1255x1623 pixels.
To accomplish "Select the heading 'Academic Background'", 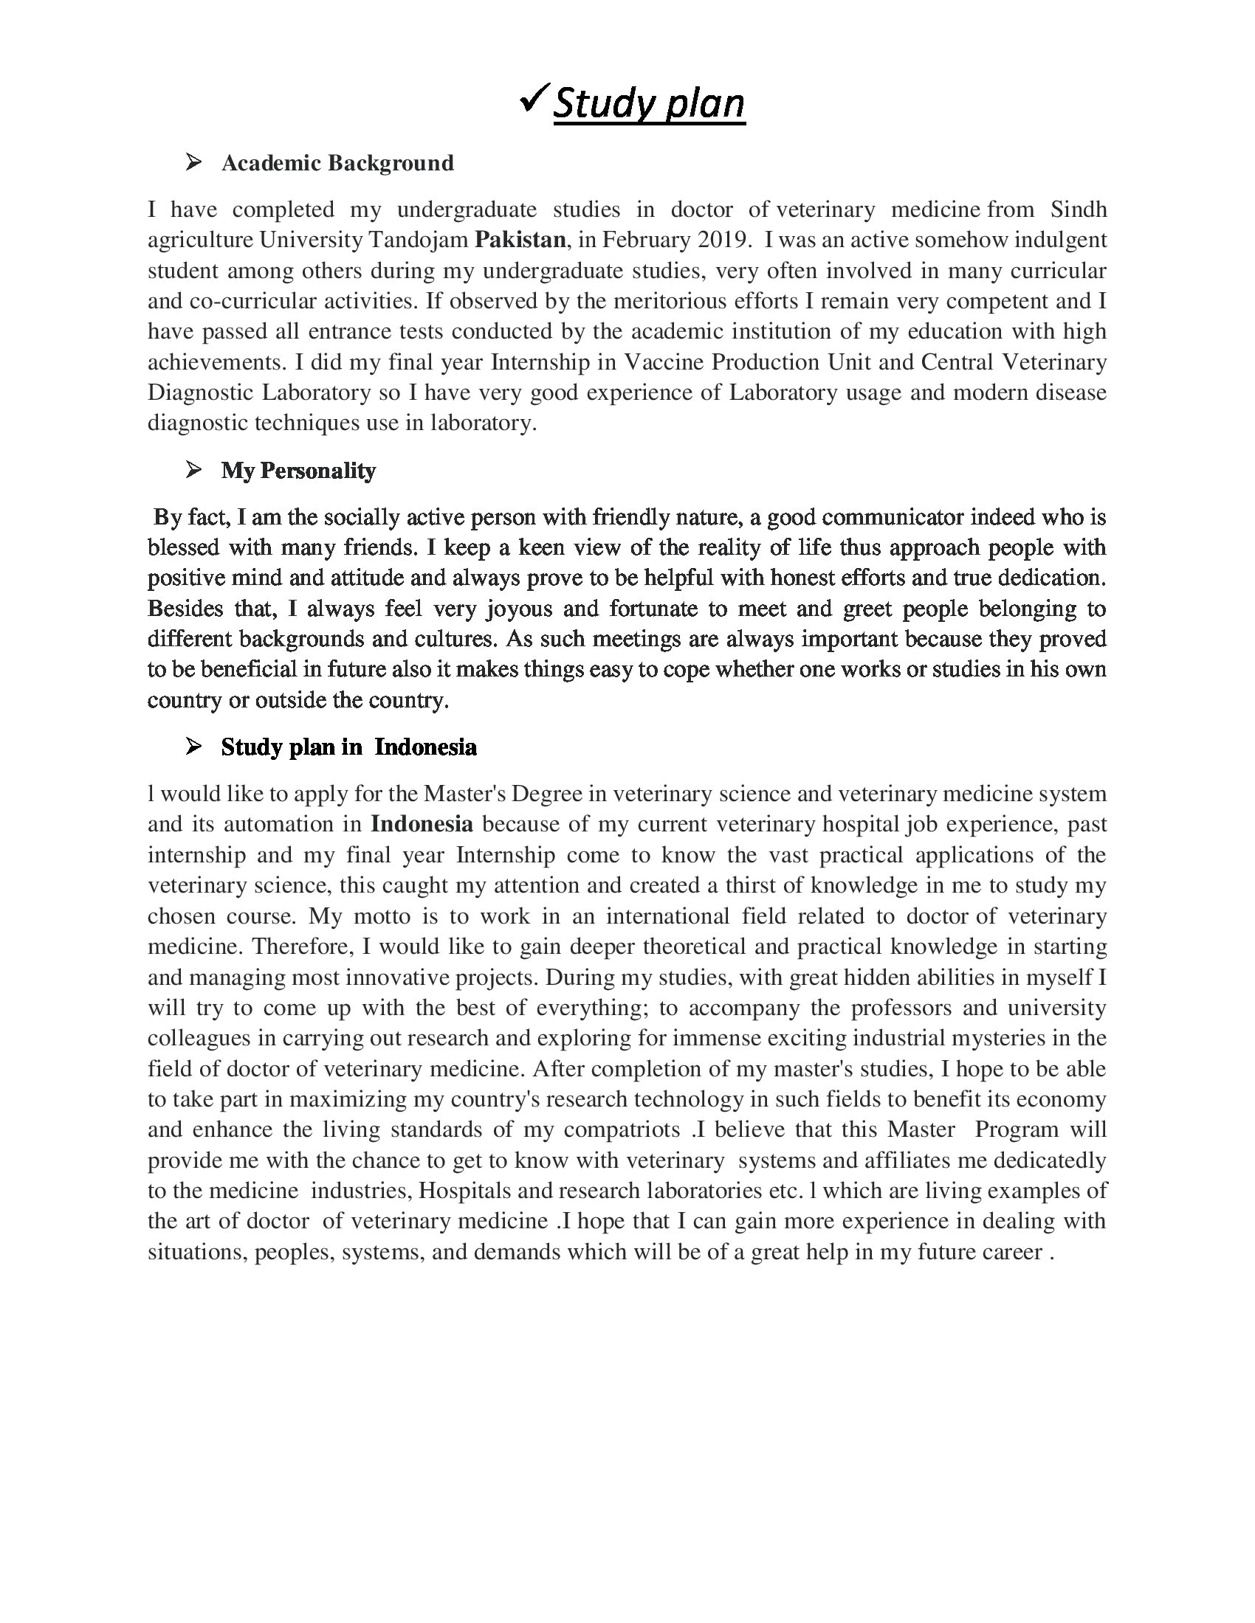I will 337,163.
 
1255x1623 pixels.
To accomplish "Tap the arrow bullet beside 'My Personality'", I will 193,469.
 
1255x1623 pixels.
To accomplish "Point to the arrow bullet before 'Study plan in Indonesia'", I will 193,746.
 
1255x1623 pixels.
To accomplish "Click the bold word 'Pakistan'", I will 520,240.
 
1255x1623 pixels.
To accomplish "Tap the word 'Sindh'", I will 1079,210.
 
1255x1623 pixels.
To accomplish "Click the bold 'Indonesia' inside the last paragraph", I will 422,824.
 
